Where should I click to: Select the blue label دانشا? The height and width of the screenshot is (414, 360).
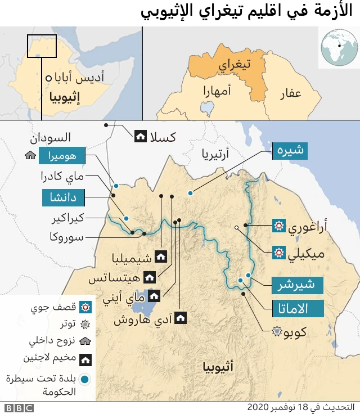(63, 197)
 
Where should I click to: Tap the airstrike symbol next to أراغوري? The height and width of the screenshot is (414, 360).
(278, 227)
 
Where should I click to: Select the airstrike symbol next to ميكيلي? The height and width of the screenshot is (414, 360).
(278, 252)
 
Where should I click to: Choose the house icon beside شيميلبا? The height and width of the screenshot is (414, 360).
(160, 257)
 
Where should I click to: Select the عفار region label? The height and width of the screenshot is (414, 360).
(291, 93)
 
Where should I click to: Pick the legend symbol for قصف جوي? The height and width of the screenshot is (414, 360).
(85, 307)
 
